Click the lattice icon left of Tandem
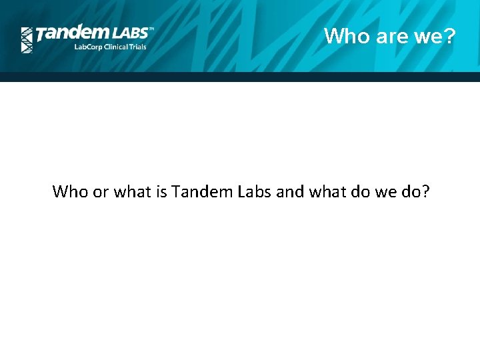27,40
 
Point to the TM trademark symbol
151,29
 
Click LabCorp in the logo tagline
87,47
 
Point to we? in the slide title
434,36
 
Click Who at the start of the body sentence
69,192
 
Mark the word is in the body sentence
161,192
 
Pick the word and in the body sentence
289,192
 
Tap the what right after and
326,192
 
